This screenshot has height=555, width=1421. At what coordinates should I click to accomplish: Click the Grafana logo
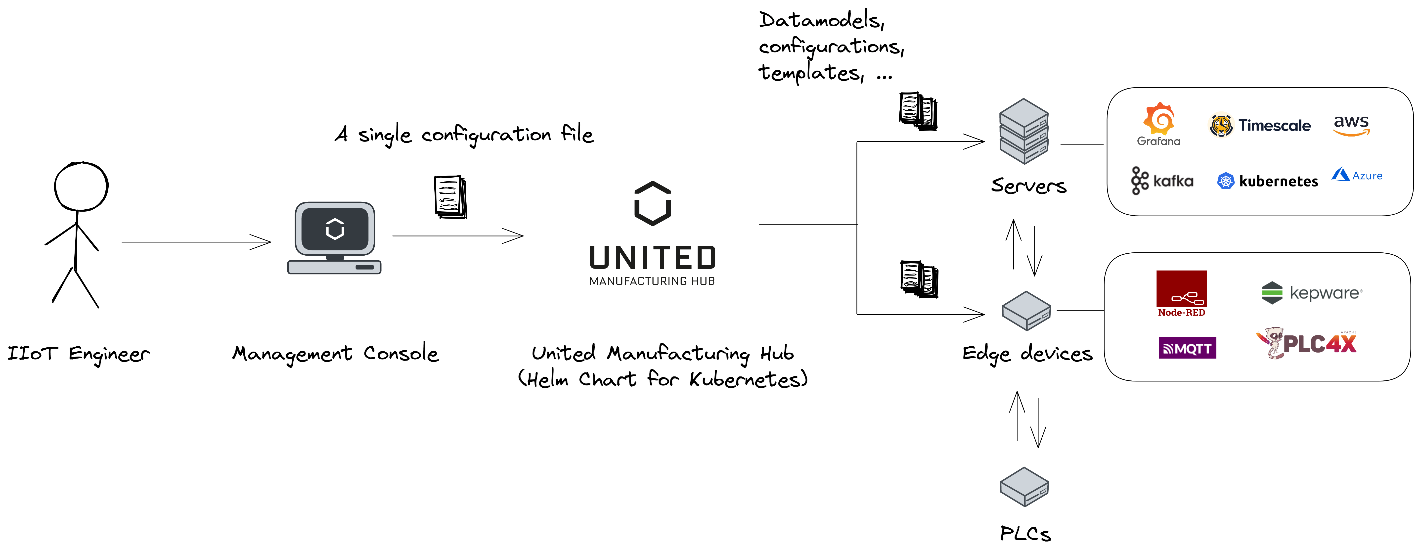coord(1158,124)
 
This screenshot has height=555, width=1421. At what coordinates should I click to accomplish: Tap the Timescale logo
coord(1259,125)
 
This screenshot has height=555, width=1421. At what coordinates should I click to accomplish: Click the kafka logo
coord(1162,181)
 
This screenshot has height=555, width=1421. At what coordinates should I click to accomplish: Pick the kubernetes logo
coord(1267,181)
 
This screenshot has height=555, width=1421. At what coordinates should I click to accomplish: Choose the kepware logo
coord(1312,292)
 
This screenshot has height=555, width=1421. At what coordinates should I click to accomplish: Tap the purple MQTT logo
coord(1187,348)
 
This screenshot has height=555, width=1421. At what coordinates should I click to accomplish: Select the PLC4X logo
coord(1306,343)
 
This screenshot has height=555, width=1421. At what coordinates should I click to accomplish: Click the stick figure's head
coord(81,186)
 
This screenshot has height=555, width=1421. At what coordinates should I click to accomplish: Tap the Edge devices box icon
coord(1026,311)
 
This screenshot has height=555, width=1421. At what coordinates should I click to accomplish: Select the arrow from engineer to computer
coord(196,242)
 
